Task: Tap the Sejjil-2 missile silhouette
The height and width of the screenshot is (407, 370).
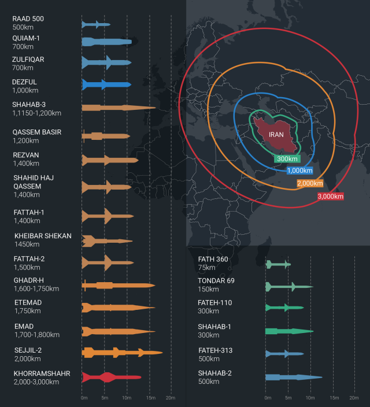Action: [121, 352]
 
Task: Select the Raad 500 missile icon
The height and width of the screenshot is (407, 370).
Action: [95, 24]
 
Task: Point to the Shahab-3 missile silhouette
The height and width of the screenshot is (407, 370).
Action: [118, 108]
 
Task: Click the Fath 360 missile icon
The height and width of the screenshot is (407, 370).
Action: [277, 264]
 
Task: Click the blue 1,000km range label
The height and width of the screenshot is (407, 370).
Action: [299, 171]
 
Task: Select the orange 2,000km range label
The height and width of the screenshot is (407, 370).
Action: [310, 183]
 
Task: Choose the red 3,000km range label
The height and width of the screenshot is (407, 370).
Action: [330, 197]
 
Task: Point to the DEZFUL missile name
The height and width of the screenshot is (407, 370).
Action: [24, 82]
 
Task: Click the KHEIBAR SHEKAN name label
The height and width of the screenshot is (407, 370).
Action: [43, 236]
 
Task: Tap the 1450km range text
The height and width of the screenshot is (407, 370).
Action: [28, 245]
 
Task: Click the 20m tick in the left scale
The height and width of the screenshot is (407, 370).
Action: [171, 398]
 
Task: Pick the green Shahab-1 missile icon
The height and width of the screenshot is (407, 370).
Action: [289, 331]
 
